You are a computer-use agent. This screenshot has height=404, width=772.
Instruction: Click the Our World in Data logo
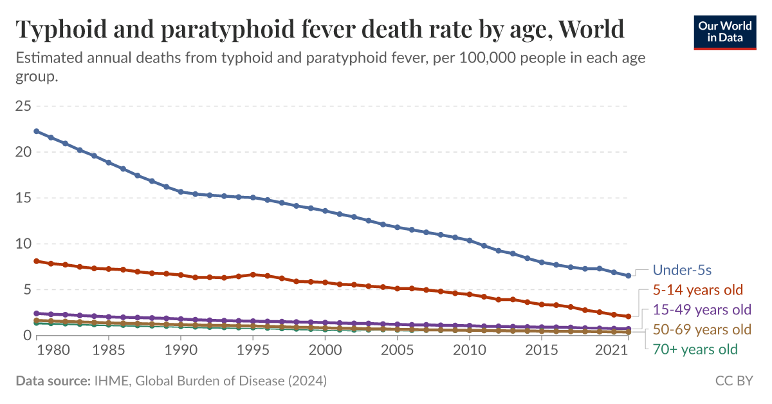point(724,31)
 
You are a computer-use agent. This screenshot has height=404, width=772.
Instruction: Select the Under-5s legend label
point(682,270)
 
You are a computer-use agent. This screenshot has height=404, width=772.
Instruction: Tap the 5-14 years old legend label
point(698,289)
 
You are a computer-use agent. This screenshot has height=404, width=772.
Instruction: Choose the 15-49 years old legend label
point(702,309)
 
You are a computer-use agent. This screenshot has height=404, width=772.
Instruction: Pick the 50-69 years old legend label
point(702,330)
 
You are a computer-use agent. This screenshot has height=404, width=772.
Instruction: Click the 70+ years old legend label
point(695,350)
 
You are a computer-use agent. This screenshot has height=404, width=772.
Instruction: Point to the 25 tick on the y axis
point(23,106)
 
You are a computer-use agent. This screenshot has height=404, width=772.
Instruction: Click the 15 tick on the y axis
point(23,198)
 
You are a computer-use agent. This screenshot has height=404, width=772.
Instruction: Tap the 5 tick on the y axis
point(27,290)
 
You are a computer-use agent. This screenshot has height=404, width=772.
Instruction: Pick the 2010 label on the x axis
point(470,351)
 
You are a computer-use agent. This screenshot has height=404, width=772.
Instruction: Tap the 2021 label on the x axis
point(611,351)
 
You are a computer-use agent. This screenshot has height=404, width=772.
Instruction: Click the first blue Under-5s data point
point(37,131)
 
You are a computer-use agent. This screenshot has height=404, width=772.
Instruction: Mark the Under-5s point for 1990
point(181,192)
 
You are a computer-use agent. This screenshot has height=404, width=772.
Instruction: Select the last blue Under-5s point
point(628,275)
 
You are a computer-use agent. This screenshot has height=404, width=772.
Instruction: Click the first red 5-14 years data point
point(37,261)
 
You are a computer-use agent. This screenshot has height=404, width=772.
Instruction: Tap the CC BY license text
point(734,381)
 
